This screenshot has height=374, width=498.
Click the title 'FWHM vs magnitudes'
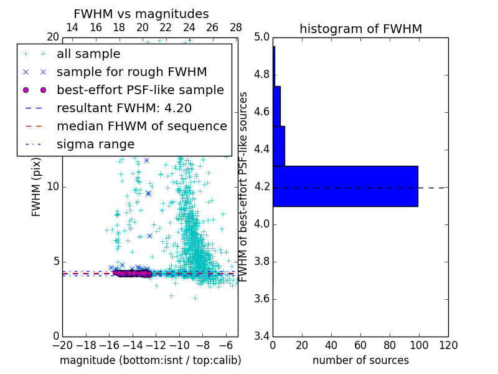pyautogui.click(x=141, y=14)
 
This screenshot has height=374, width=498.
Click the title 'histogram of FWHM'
pyautogui.click(x=360, y=29)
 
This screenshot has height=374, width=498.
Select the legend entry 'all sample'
pyautogui.click(x=88, y=54)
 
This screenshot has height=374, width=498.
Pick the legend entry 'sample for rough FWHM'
pyautogui.click(x=131, y=72)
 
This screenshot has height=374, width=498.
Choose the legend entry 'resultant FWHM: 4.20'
pyautogui.click(x=124, y=108)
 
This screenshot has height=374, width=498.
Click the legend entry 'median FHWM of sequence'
pyautogui.click(x=141, y=126)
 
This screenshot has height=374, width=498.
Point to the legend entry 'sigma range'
pyautogui.click(x=95, y=144)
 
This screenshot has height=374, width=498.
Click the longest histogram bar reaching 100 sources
pyautogui.click(x=345, y=186)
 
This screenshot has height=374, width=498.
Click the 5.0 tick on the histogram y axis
pyautogui.click(x=262, y=37)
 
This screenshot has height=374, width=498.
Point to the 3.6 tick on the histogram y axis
pyautogui.click(x=262, y=299)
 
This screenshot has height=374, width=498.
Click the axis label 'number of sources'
pyautogui.click(x=360, y=360)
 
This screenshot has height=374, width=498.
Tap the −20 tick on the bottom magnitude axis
pyautogui.click(x=62, y=345)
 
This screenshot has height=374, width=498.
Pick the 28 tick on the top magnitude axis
pyautogui.click(x=236, y=27)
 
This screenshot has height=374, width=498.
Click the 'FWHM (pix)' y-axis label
pyautogui.click(x=37, y=186)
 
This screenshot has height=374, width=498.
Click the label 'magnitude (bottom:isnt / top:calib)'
pyautogui.click(x=150, y=360)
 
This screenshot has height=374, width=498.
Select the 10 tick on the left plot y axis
pyautogui.click(x=52, y=186)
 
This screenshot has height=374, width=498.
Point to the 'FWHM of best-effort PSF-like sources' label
pyautogui.click(x=244, y=186)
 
